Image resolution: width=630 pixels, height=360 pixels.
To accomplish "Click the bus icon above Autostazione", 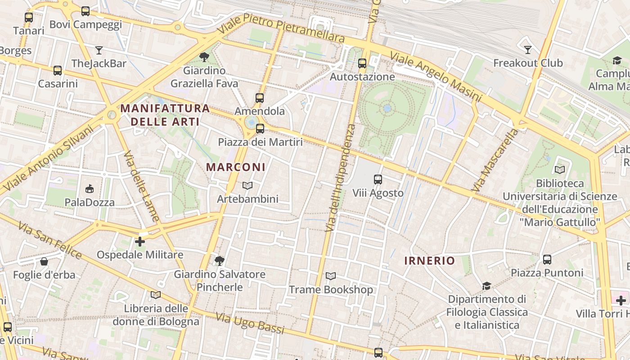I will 362,63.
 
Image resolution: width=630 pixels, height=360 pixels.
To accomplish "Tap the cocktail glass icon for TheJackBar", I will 99,50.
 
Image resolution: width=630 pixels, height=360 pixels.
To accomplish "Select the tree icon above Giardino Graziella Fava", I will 204,57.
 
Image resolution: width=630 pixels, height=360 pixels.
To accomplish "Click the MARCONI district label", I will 236,167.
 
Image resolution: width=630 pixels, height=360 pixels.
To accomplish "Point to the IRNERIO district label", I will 430,261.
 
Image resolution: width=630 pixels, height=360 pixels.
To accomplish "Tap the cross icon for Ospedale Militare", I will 140,242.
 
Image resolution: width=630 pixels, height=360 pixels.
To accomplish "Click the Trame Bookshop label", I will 331,290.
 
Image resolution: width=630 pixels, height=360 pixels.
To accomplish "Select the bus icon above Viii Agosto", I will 378,180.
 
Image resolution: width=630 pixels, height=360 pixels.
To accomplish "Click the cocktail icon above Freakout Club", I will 528,49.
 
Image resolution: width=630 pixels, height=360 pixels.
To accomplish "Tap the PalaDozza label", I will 90,202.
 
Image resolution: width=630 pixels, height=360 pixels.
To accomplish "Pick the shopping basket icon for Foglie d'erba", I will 44,261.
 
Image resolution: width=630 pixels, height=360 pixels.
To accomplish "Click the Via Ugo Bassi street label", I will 250,324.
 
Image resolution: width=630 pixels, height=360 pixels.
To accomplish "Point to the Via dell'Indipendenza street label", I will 340,178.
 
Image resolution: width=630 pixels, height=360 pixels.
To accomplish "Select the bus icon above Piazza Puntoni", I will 547,260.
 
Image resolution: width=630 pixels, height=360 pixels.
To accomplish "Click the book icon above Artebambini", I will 247,185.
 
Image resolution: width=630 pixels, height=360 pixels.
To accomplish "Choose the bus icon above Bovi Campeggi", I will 85,11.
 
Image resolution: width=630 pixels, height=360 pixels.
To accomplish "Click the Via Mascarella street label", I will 495,160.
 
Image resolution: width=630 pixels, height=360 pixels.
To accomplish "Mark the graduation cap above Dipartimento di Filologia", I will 486,286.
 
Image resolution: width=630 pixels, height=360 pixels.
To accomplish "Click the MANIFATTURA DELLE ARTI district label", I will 165,115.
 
